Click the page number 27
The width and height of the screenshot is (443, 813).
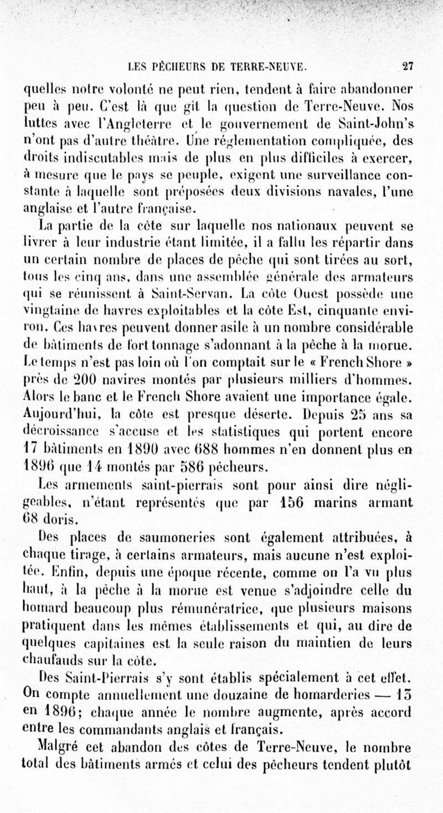tap(408, 67)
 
